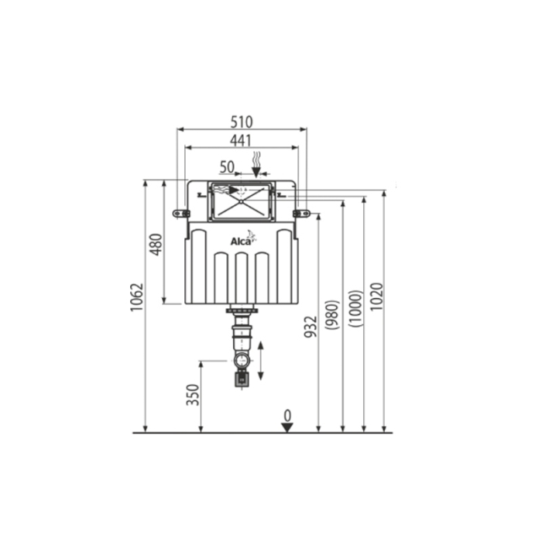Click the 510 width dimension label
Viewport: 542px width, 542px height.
pos(242,122)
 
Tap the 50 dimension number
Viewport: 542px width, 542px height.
pos(227,166)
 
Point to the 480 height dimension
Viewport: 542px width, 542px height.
pos(156,244)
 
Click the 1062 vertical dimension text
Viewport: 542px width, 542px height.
pos(137,297)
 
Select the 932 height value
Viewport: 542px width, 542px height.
pos(311,326)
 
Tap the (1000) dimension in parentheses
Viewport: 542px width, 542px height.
pos(356,308)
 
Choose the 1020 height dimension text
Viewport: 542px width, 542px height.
pos(377,297)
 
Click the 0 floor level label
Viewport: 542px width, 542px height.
pos(287,416)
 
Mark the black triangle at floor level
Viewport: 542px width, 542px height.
pos(287,427)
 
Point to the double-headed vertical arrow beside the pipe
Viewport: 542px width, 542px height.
pos(261,360)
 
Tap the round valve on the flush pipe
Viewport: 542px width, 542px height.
pos(242,361)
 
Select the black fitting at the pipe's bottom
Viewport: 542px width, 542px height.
pos(242,379)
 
